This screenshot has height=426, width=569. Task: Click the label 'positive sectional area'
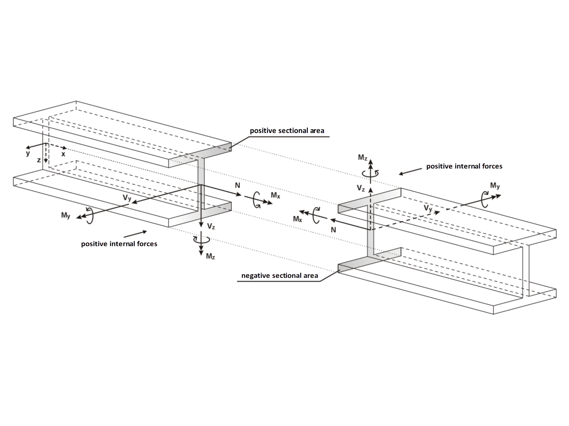click(x=287, y=130)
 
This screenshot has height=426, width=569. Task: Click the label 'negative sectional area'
click(x=280, y=275)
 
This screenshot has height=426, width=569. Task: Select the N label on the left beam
click(x=238, y=185)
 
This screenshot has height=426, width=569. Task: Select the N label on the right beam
click(x=333, y=229)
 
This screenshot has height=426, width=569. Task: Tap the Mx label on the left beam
click(x=275, y=195)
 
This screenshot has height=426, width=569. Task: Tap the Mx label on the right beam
click(x=297, y=220)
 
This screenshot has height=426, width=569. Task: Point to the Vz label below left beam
click(x=211, y=227)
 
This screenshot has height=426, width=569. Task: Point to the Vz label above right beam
click(x=361, y=188)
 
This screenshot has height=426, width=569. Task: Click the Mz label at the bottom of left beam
click(x=211, y=256)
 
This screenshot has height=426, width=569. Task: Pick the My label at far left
click(x=66, y=215)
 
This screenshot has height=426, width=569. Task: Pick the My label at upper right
click(x=495, y=186)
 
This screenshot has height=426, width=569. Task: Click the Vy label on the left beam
click(x=127, y=198)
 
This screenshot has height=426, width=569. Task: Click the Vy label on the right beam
click(x=428, y=208)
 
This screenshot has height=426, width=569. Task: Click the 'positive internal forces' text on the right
click(x=464, y=166)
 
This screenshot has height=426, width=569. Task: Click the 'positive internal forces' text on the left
click(x=119, y=244)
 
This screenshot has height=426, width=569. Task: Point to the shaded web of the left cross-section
click(x=201, y=182)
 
